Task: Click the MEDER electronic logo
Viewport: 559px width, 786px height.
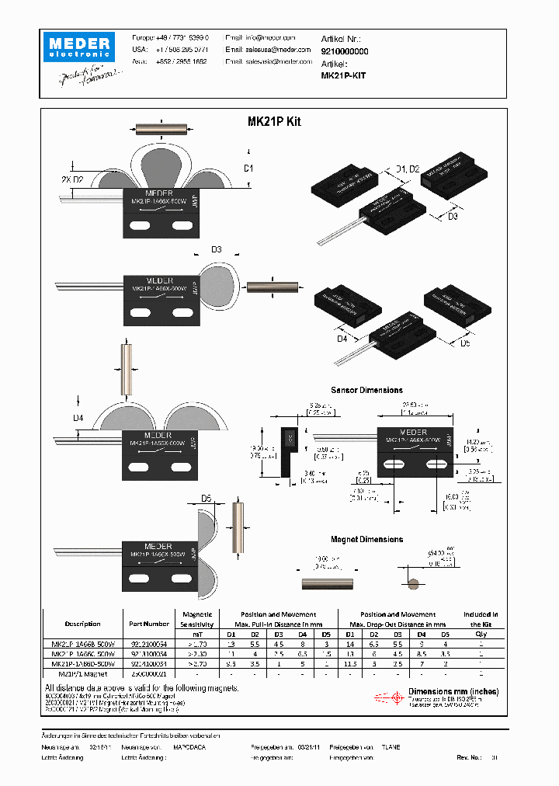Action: point(78,46)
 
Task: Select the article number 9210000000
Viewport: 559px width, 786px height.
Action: point(345,50)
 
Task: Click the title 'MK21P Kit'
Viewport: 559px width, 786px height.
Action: point(273,122)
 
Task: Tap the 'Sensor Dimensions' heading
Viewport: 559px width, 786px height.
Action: point(366,390)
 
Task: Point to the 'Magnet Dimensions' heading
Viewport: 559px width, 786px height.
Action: point(366,539)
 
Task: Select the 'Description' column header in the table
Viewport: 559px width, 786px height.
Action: point(82,623)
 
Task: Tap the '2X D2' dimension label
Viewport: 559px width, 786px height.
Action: point(82,180)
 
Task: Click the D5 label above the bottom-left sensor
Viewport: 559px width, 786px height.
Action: point(207,499)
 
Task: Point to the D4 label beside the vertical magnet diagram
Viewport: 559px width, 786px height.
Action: point(78,419)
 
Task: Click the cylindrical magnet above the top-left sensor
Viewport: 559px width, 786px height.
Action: point(162,129)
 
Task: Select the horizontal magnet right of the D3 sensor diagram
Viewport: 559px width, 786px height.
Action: point(273,290)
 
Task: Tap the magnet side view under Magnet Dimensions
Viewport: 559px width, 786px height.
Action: point(326,583)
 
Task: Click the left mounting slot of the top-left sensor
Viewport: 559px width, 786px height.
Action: point(141,226)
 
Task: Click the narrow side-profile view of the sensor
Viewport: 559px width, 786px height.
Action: point(288,450)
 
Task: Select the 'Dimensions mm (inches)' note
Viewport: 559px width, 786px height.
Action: point(453,691)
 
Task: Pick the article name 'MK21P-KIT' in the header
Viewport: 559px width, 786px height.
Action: point(343,76)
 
